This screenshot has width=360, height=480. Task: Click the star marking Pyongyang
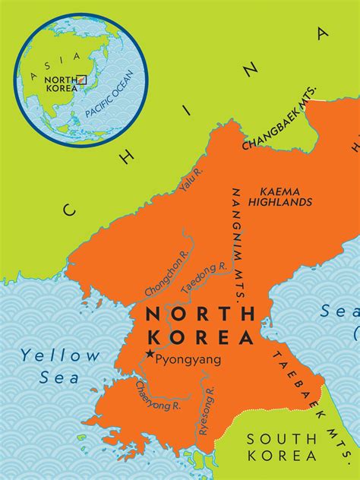[x=150, y=354]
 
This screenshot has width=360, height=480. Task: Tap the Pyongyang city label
[x=188, y=361]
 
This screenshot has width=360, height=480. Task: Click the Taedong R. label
[x=203, y=279]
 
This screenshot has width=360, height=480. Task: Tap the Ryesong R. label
[x=207, y=411]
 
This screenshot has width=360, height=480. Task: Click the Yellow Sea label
[x=60, y=364]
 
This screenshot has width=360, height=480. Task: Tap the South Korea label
[x=282, y=447]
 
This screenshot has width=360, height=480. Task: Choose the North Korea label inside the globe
[x=60, y=83]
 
